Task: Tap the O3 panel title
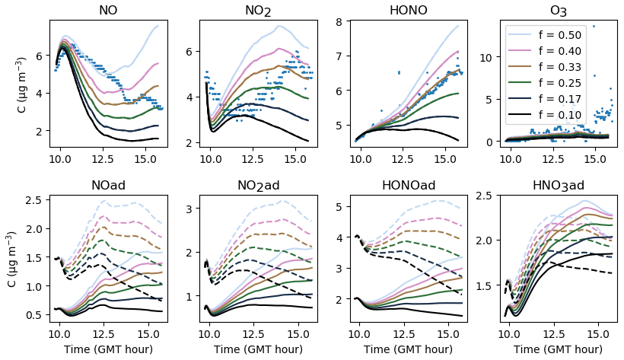(558, 11)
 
